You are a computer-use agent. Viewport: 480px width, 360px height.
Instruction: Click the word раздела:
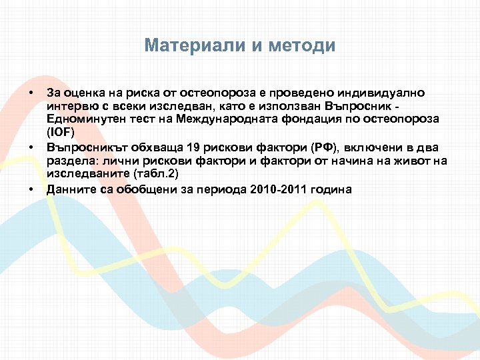(x=69, y=161)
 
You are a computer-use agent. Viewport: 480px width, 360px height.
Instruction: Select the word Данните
(x=69, y=189)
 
